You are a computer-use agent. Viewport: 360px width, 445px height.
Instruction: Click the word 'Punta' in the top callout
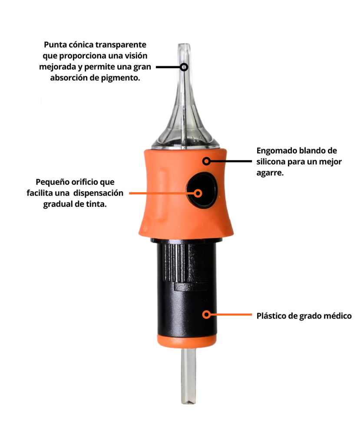(55, 45)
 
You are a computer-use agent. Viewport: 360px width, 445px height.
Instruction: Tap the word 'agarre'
(270, 173)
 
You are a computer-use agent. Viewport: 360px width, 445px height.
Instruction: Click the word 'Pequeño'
(52, 182)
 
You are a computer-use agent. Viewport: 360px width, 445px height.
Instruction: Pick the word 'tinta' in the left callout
(96, 204)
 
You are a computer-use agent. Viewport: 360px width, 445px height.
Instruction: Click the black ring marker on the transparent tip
(184, 67)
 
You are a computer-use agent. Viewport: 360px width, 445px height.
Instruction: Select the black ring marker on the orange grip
(206, 161)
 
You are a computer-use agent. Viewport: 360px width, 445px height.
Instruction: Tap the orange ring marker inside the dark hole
(198, 193)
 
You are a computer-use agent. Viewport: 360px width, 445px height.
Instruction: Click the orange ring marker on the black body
(206, 315)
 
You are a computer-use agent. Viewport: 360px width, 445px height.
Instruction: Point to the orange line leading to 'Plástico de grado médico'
(231, 315)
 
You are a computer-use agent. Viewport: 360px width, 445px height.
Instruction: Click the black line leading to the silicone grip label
(231, 161)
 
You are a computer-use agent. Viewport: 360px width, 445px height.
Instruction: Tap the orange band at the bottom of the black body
(187, 341)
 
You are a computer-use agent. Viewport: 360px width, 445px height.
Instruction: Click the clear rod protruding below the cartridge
(188, 375)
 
